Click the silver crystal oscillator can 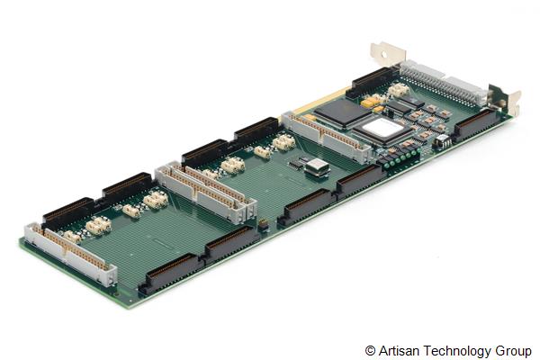317,166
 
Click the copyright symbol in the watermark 370,349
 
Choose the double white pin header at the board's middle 202,191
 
